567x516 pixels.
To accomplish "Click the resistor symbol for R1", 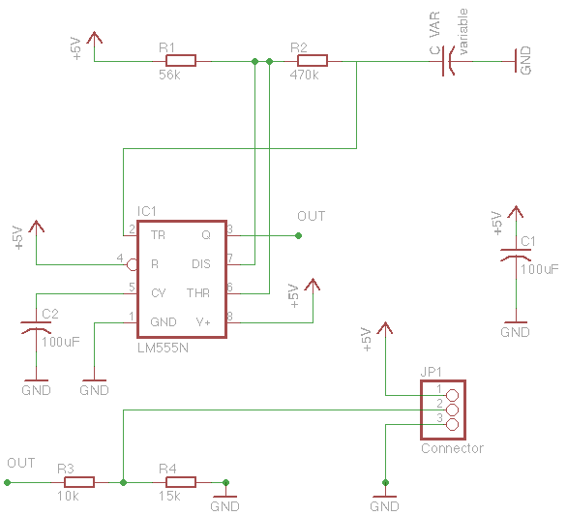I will [180, 61].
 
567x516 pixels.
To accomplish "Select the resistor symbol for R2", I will [312, 61].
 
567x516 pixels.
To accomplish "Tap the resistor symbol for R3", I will [78, 481].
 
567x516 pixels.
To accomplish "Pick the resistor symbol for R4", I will [180, 481].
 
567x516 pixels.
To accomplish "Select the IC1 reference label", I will [147, 211].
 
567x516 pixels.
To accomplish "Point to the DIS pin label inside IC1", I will [200, 263].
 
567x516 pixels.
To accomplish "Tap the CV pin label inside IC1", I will [159, 292].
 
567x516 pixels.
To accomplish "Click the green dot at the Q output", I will [298, 235].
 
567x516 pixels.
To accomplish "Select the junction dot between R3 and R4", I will [124, 481].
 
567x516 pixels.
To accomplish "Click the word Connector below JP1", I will [452, 448].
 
